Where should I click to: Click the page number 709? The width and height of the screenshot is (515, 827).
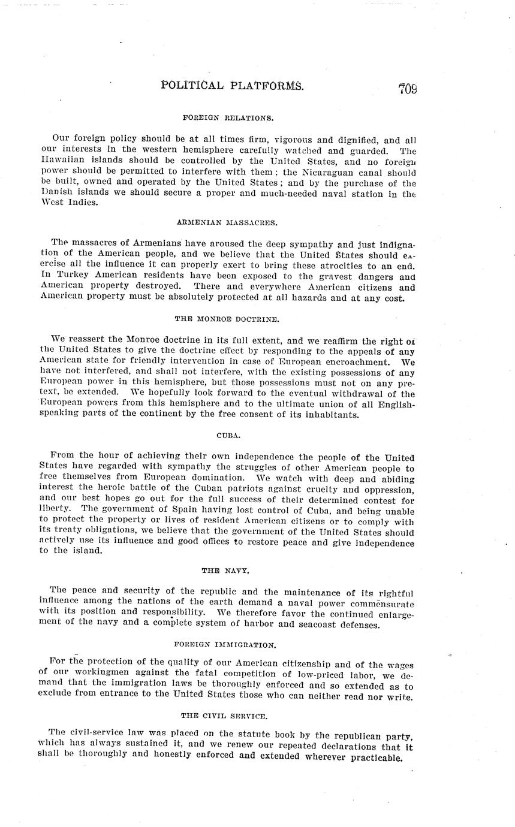click(x=406, y=89)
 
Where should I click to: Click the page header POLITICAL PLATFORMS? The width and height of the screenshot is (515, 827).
click(x=232, y=86)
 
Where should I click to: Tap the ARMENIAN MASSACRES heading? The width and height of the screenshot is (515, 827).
click(x=227, y=222)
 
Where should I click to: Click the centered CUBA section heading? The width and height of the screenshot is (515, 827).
click(x=227, y=436)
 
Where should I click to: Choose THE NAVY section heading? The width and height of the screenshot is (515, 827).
click(x=227, y=571)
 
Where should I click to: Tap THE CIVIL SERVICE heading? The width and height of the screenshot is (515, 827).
click(x=224, y=716)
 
